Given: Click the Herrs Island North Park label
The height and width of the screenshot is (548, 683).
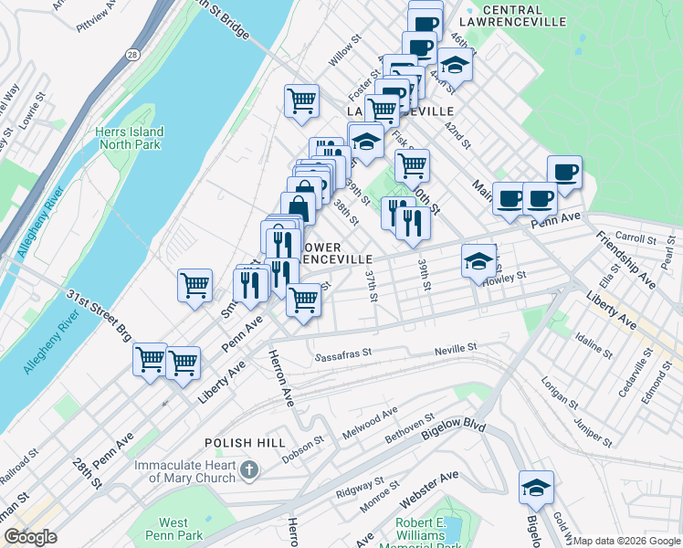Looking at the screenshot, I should coord(128,138).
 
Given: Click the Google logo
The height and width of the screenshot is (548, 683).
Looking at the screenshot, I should coord(29,537).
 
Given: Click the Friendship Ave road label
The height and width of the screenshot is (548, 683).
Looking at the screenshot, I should coord(625,258).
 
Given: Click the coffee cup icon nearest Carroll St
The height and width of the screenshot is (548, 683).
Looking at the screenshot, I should coord(564,172).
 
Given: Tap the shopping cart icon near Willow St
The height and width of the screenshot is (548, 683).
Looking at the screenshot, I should coord(301,100).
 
